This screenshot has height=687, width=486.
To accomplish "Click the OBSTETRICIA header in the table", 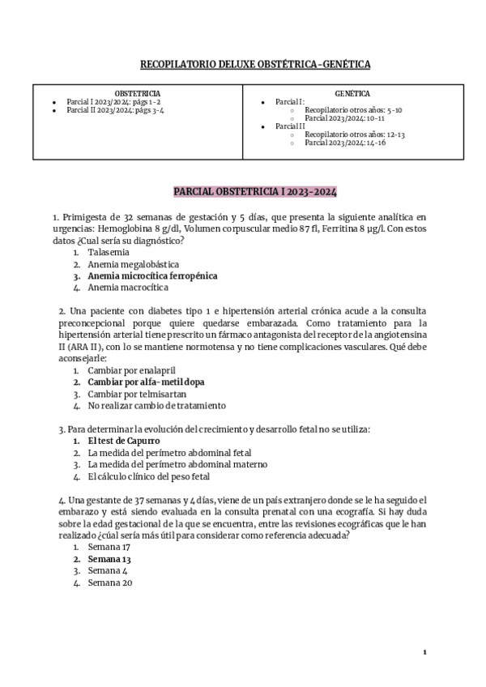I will point(137,93).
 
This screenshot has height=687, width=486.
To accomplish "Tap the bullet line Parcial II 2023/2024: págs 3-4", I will point(115,109).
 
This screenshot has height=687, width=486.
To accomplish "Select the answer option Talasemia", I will point(109,252).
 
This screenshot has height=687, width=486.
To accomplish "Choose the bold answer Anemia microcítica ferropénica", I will point(152,275).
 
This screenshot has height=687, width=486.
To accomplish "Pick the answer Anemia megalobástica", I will point(134,264).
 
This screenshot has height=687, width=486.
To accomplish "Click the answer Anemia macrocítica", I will point(128,287).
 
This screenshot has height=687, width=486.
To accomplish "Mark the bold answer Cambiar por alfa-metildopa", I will point(146,382).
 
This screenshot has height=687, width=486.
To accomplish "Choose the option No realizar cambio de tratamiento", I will point(157,405).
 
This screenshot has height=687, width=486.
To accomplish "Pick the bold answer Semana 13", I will point(109,559).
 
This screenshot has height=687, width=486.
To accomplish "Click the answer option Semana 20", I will point(109,582).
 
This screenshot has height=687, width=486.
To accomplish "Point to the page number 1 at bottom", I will point(424,651).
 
